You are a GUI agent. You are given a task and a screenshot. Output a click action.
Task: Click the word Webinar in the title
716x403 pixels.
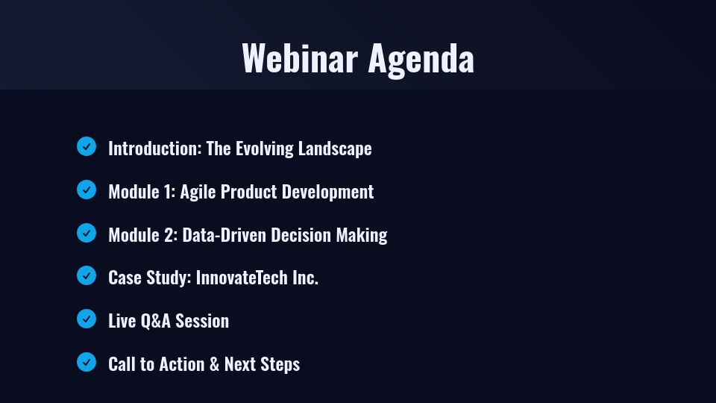coord(300,58)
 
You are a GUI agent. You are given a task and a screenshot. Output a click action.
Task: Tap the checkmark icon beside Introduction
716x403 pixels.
coord(87,146)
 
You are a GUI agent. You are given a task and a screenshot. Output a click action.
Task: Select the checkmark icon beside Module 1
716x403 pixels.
coord(87,190)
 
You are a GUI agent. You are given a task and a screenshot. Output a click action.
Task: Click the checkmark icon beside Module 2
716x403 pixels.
coord(87,233)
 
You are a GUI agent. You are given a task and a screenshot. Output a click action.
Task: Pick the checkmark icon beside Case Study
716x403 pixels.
coord(87,275)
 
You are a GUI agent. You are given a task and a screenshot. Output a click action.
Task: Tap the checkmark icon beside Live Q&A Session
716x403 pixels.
coord(87,319)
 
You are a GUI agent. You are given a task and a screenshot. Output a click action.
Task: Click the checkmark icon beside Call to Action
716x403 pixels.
coord(87,362)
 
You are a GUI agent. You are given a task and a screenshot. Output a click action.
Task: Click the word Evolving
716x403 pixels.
coord(264,149)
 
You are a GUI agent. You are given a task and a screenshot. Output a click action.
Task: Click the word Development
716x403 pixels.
coord(330,192)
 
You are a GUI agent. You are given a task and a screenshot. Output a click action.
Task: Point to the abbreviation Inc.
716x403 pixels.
coord(306,278)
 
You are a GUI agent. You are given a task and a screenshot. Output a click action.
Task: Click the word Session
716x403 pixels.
coord(202,321)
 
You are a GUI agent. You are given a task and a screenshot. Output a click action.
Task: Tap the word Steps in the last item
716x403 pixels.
coord(280,364)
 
